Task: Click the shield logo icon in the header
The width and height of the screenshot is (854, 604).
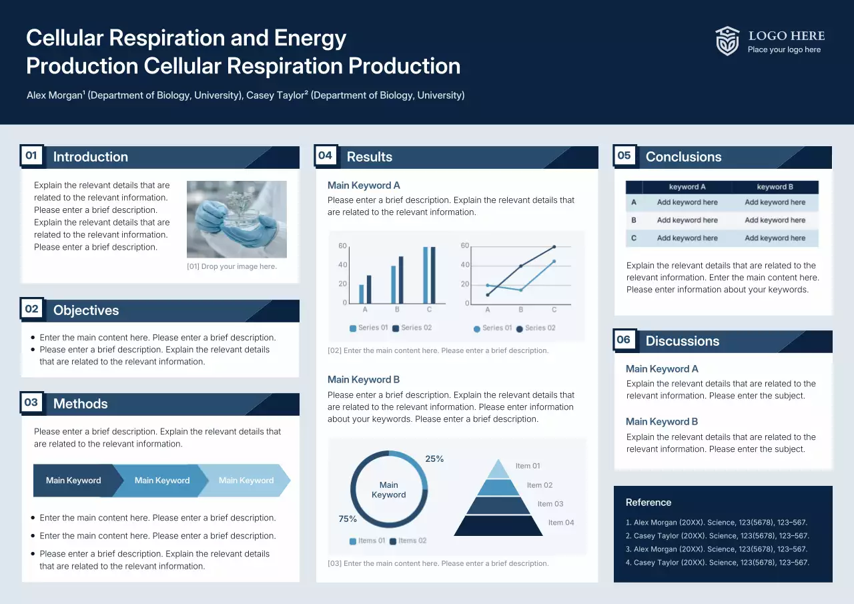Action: point(727,41)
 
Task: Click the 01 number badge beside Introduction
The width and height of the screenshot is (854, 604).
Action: point(31,156)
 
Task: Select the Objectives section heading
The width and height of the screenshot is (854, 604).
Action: point(86,310)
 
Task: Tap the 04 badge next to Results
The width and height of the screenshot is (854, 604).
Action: point(325,156)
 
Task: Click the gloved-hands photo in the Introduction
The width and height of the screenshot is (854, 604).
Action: point(237,219)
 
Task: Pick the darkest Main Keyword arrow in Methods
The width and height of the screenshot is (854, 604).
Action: point(73,481)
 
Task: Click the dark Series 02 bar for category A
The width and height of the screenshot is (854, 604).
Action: point(369,290)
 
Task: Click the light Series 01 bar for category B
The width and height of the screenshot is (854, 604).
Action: point(394,285)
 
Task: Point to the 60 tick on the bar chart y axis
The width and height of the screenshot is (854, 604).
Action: point(342,246)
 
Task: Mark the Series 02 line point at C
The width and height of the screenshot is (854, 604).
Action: point(554,247)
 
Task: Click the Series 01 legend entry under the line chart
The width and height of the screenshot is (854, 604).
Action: point(492,328)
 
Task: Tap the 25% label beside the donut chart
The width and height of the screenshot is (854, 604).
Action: point(434,459)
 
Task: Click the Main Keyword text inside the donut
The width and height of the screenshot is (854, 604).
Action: point(388,490)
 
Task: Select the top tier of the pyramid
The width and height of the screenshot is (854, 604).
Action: point(498,469)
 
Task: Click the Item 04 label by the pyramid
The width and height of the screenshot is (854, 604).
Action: point(561,523)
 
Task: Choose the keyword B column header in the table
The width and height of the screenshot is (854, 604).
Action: point(775,187)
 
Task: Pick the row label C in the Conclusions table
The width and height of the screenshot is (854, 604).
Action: point(634,238)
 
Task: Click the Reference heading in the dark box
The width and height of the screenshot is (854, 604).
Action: point(649,503)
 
